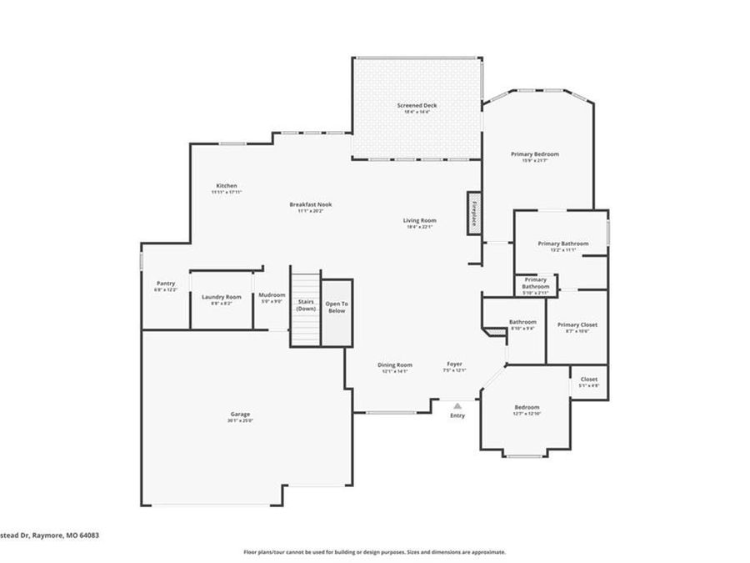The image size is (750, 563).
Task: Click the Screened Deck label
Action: pyautogui.click(x=417, y=106)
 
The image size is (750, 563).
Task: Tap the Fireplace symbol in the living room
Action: pyautogui.click(x=473, y=213)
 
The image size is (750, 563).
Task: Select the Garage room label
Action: pyautogui.click(x=241, y=415)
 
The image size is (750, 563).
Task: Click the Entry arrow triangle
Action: pyautogui.click(x=457, y=406)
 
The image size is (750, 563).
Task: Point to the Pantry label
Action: pyautogui.click(x=166, y=284)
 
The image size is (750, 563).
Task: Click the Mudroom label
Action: pyautogui.click(x=272, y=294)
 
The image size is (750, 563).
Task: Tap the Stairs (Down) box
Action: pyautogui.click(x=305, y=306)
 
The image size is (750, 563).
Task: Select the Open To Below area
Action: pyautogui.click(x=337, y=307)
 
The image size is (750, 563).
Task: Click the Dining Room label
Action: pyautogui.click(x=395, y=364)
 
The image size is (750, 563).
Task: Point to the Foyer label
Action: pyautogui.click(x=455, y=364)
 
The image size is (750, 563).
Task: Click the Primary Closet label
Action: pyautogui.click(x=577, y=324)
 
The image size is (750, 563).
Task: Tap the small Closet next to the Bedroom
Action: pyautogui.click(x=589, y=380)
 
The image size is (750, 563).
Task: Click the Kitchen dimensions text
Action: pyautogui.click(x=227, y=193)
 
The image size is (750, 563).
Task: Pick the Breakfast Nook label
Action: pyautogui.click(x=311, y=204)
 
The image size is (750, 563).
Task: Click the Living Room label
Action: pyautogui.click(x=420, y=220)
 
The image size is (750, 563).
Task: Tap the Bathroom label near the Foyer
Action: pyautogui.click(x=522, y=322)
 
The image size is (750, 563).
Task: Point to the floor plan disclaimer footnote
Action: pyautogui.click(x=374, y=552)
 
